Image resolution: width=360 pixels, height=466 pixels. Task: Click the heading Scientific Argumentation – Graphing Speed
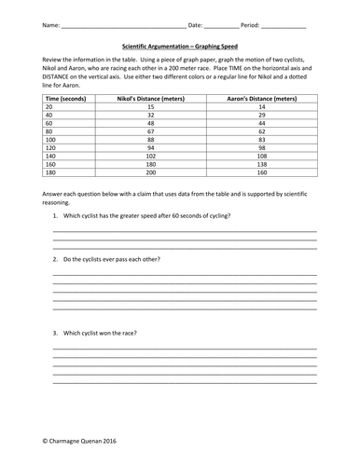[180, 42]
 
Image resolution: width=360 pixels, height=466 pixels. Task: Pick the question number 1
[54, 215]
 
